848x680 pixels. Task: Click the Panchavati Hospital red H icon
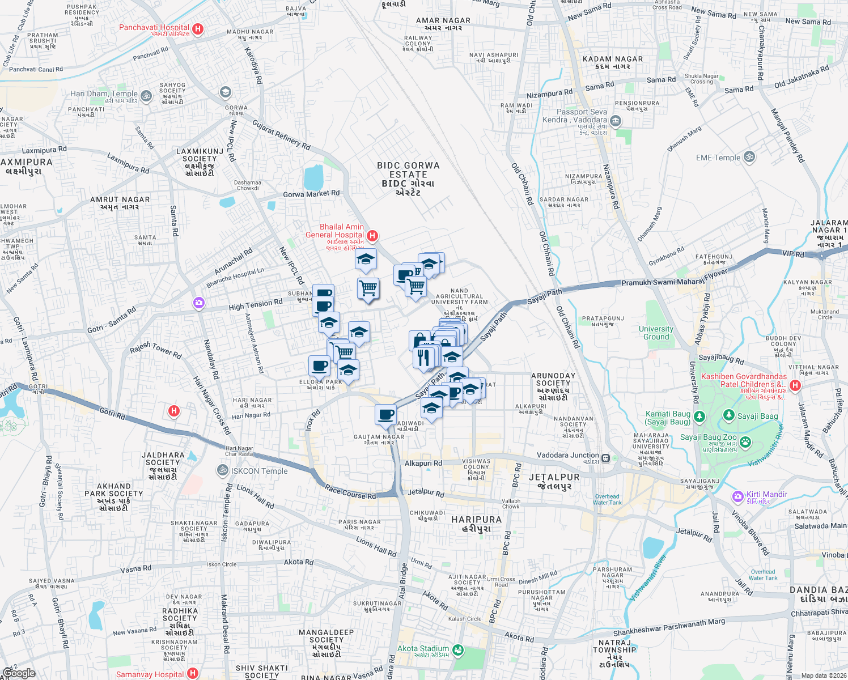(x=198, y=29)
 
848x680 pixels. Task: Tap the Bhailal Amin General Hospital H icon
(x=372, y=235)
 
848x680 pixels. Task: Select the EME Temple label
(x=718, y=158)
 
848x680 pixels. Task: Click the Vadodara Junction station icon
(x=606, y=458)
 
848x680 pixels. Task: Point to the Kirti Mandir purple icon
(x=737, y=496)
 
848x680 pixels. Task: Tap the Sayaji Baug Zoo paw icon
(x=745, y=442)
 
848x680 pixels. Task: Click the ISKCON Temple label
(x=259, y=471)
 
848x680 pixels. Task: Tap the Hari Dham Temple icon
(x=146, y=96)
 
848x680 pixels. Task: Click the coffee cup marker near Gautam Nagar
(x=385, y=414)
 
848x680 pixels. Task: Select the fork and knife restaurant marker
(x=423, y=358)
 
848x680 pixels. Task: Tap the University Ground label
(x=656, y=333)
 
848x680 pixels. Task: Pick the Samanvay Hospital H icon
(x=193, y=673)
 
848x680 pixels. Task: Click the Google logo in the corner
(x=19, y=673)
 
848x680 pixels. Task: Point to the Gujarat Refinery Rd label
(x=281, y=135)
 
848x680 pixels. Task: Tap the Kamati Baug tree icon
(x=699, y=417)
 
